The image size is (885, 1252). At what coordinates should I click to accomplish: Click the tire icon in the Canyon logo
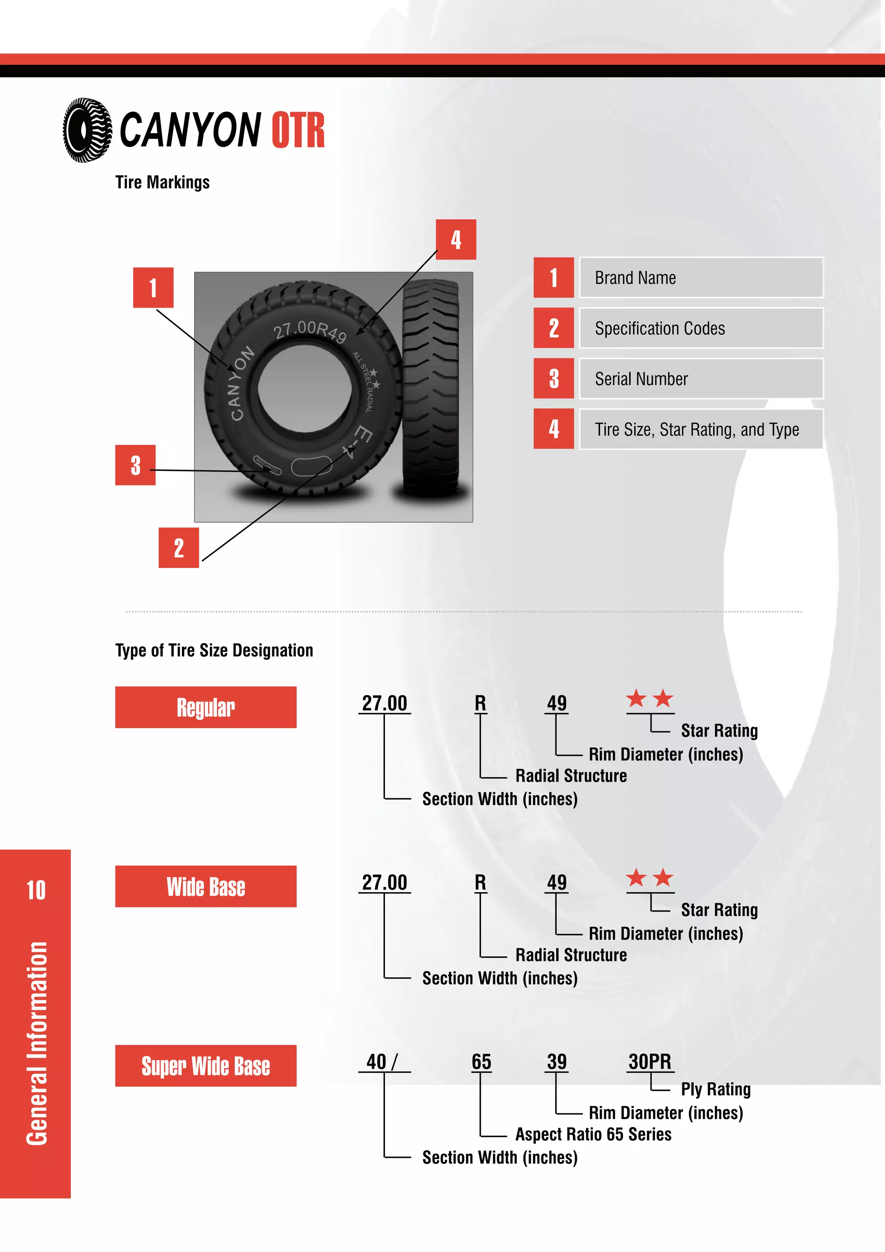pos(87,130)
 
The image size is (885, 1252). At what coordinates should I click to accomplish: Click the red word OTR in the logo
pos(298,131)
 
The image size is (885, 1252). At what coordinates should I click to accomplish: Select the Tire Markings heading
pos(162,182)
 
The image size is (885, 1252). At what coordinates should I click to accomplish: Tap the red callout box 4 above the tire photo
pos(455,239)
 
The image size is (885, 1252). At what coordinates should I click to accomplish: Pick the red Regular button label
pos(206,707)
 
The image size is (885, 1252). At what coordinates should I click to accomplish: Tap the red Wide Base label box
pos(206,886)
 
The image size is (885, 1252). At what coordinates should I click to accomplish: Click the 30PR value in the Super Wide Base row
pos(649,1061)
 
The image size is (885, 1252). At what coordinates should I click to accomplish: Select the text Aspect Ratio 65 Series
pos(593,1134)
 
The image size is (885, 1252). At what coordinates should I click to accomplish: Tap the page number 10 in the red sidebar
pos(36,890)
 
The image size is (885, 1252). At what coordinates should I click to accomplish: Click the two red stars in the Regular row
pos(649,699)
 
